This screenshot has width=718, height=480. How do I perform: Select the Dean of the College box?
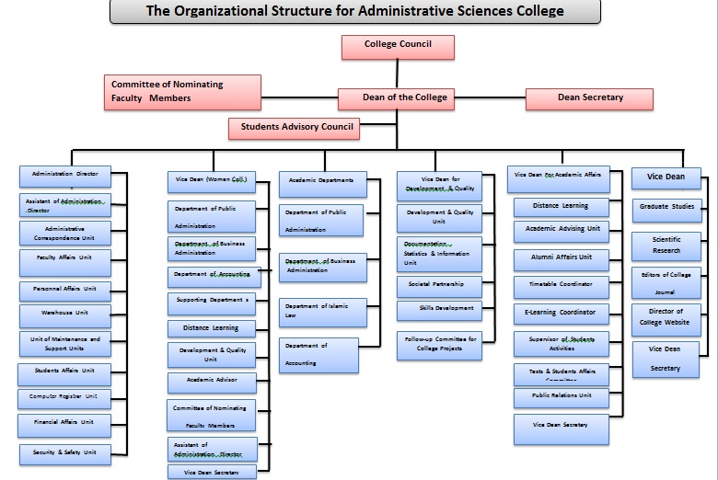405,97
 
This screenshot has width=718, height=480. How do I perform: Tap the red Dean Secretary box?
589,98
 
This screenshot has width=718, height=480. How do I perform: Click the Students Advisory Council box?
294,128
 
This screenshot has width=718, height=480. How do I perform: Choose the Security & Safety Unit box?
64,453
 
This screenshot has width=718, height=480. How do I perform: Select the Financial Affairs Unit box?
64,424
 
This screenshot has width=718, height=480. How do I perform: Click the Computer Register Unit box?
64,398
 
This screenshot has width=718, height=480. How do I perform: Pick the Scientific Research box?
666,246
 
